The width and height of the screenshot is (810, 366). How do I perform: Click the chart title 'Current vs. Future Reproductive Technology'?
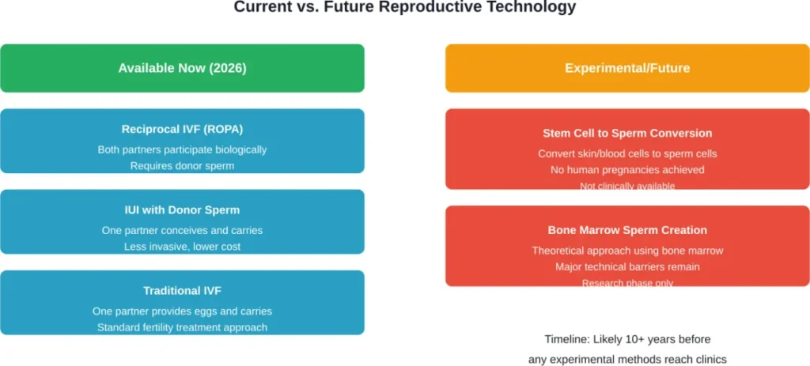click(x=405, y=8)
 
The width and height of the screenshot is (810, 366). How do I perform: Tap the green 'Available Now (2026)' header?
click(x=182, y=68)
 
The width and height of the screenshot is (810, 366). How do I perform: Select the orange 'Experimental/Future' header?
click(x=627, y=68)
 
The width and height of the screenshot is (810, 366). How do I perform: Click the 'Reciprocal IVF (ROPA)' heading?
click(x=182, y=130)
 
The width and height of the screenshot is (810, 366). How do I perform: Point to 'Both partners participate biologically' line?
click(x=182, y=149)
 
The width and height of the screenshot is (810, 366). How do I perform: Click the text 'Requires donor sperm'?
click(x=182, y=166)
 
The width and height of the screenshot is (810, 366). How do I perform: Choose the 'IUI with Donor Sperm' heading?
click(x=182, y=210)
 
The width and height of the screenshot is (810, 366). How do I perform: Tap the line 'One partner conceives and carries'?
click(x=182, y=230)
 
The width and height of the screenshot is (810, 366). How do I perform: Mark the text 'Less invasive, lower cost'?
click(x=182, y=247)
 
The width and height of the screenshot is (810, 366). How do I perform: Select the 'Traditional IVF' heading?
click(x=182, y=291)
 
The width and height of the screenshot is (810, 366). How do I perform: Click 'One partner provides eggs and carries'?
click(x=182, y=311)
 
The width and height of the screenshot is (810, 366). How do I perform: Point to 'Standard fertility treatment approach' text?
click(x=182, y=327)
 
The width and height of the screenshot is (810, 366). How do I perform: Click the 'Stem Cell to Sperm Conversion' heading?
click(x=627, y=133)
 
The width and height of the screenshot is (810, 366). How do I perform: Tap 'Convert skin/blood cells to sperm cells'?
click(x=627, y=153)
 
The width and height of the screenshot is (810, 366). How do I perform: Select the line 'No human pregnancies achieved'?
click(x=627, y=170)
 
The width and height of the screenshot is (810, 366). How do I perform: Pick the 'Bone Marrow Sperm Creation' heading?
click(x=627, y=230)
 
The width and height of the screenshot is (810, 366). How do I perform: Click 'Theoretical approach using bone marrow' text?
click(x=627, y=251)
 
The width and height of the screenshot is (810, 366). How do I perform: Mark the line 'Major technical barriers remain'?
click(x=627, y=267)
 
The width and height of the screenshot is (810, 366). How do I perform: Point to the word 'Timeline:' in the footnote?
click(x=568, y=340)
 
